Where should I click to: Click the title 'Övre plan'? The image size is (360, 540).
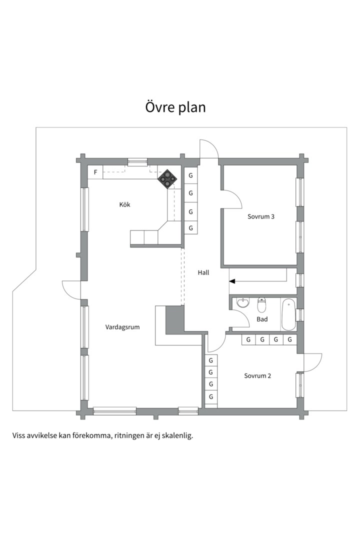click(x=175, y=107)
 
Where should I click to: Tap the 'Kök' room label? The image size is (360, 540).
click(x=124, y=204)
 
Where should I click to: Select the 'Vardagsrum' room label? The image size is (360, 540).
click(x=122, y=327)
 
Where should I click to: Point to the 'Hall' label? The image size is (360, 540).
click(x=203, y=273)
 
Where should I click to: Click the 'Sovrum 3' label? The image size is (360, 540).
click(x=261, y=216)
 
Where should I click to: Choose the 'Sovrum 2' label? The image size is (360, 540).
click(x=257, y=375)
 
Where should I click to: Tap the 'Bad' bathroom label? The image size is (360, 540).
click(x=262, y=318)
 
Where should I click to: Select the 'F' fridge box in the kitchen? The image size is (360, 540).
click(x=95, y=172)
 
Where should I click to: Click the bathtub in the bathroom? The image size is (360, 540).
click(x=288, y=314)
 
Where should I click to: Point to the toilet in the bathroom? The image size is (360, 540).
click(x=261, y=304)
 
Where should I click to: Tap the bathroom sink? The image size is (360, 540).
click(x=242, y=303)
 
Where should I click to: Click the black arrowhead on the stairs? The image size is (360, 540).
click(x=232, y=281)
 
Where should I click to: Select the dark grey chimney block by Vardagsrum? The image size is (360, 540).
click(x=175, y=317)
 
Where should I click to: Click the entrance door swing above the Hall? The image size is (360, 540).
click(x=209, y=148)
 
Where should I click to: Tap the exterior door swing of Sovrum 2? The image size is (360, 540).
click(x=312, y=362)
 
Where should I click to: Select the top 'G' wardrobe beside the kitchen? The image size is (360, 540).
click(x=190, y=176)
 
